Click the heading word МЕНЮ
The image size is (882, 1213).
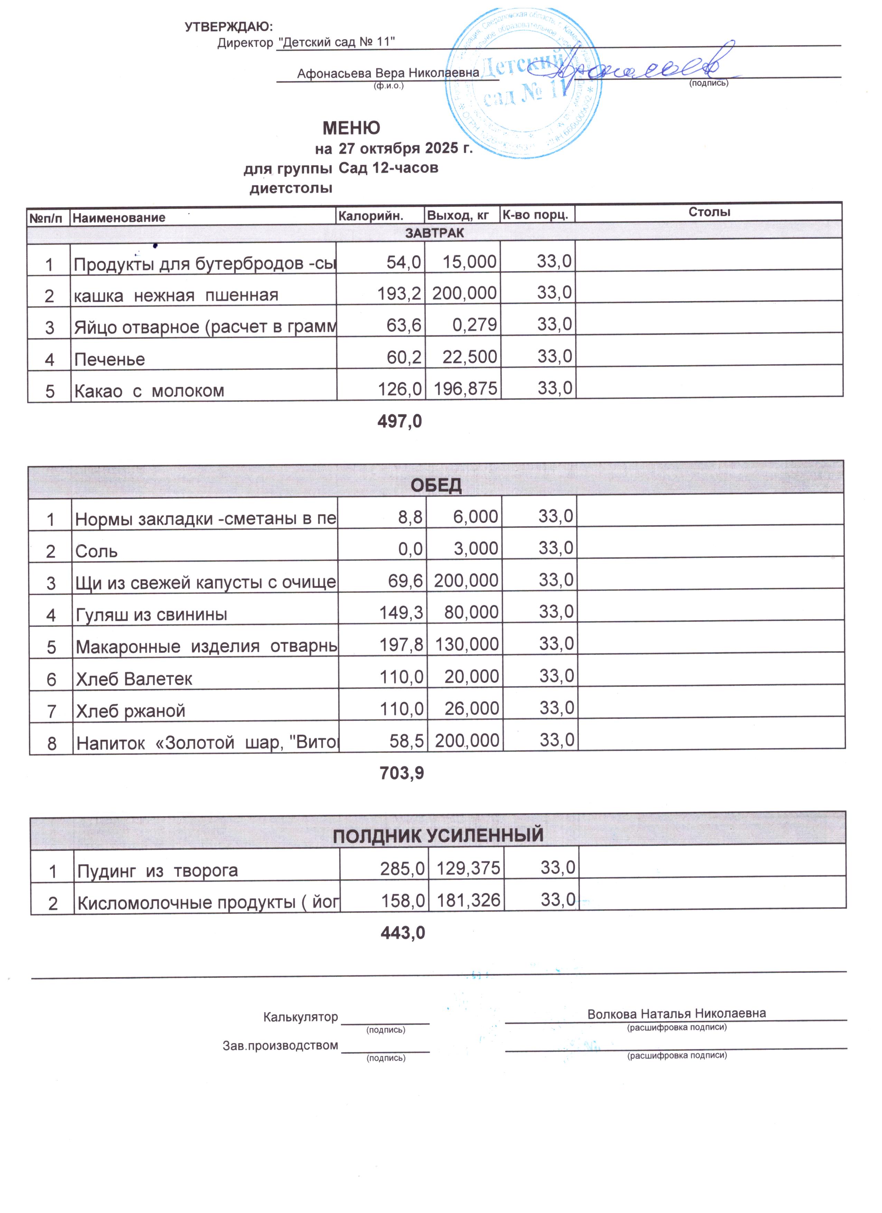[351, 128]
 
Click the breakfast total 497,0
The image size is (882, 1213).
[400, 422]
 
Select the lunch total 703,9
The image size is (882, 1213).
[401, 773]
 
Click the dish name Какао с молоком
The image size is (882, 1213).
[149, 391]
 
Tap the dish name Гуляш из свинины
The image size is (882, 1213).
[151, 614]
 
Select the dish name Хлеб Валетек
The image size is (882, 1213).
[134, 679]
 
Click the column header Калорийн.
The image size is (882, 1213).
[370, 216]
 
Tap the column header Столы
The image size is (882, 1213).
[709, 212]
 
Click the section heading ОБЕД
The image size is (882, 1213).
[436, 486]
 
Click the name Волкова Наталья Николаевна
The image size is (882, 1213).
[676, 1014]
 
